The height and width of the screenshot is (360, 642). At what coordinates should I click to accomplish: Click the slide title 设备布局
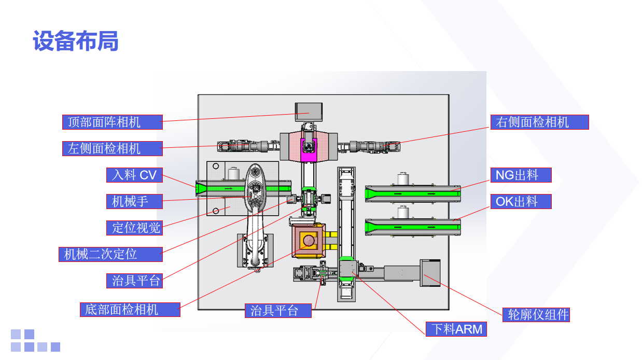pyautogui.click(x=76, y=41)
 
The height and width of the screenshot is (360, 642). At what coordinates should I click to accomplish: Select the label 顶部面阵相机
pyautogui.click(x=112, y=122)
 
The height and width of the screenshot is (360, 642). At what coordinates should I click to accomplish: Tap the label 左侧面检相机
pyautogui.click(x=112, y=148)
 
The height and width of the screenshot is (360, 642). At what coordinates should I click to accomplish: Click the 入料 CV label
pyautogui.click(x=134, y=175)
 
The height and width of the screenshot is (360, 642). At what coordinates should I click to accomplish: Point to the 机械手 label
pyautogui.click(x=134, y=201)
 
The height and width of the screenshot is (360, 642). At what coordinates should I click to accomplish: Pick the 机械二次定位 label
pyautogui.click(x=110, y=254)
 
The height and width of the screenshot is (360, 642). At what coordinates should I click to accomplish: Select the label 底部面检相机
pyautogui.click(x=130, y=310)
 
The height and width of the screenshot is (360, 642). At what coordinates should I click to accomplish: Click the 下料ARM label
pyautogui.click(x=456, y=329)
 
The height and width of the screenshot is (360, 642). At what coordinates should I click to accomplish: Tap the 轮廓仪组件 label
pyautogui.click(x=536, y=314)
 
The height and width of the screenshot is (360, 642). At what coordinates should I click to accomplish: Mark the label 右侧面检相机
pyautogui.click(x=539, y=122)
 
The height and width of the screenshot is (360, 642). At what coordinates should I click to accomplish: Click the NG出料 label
pyautogui.click(x=521, y=175)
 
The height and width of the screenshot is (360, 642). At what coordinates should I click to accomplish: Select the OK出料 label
pyautogui.click(x=521, y=201)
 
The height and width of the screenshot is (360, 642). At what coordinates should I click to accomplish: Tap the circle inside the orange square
pyautogui.click(x=309, y=240)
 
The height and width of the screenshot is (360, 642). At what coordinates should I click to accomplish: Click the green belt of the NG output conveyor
pyautogui.click(x=412, y=193)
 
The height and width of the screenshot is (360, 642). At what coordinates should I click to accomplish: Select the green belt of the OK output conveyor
pyautogui.click(x=412, y=227)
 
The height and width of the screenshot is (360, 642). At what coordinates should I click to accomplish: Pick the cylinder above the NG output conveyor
pyautogui.click(x=404, y=179)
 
